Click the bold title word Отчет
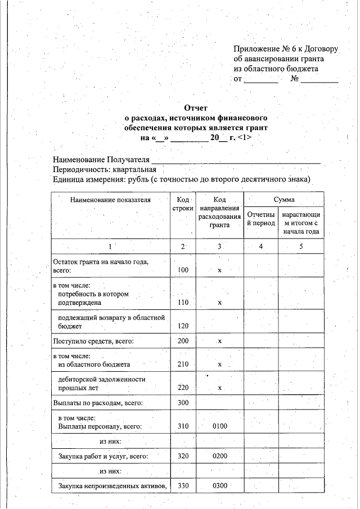(x=196, y=108)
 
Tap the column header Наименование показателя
(x=110, y=200)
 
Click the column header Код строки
(x=183, y=204)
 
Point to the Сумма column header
(x=284, y=200)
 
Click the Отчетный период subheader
(x=261, y=219)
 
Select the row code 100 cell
(x=183, y=271)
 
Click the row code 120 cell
(x=183, y=326)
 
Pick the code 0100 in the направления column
(x=220, y=426)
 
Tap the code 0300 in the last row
(x=220, y=485)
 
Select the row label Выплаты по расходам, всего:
(x=98, y=403)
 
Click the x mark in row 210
(x=220, y=364)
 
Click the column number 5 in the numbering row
(x=301, y=247)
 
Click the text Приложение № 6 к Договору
(x=286, y=49)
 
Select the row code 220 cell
(x=183, y=388)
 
